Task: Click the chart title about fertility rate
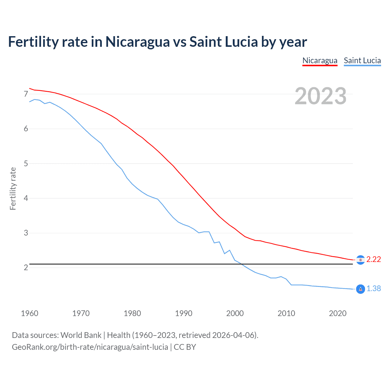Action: tap(157, 42)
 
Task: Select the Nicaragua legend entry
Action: tap(320, 60)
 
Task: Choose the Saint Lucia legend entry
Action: tap(362, 60)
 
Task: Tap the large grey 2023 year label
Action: tap(320, 96)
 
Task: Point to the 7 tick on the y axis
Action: tap(26, 94)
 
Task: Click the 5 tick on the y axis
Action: tap(26, 164)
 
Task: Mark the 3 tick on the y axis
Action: tap(26, 233)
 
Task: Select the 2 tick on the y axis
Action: tap(26, 268)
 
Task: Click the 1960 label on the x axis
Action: tap(29, 313)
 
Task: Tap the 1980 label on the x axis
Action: tap(132, 313)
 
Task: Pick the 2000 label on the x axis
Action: tap(235, 313)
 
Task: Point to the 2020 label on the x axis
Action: tap(338, 313)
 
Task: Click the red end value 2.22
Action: tap(374, 259)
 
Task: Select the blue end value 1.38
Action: tap(374, 288)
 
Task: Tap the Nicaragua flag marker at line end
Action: tap(360, 260)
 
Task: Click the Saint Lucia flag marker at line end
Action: tap(360, 289)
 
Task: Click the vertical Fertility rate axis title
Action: tap(13, 188)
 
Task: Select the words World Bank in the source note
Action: tap(81, 335)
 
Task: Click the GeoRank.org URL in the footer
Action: tap(90, 347)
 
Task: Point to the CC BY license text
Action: tap(185, 347)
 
